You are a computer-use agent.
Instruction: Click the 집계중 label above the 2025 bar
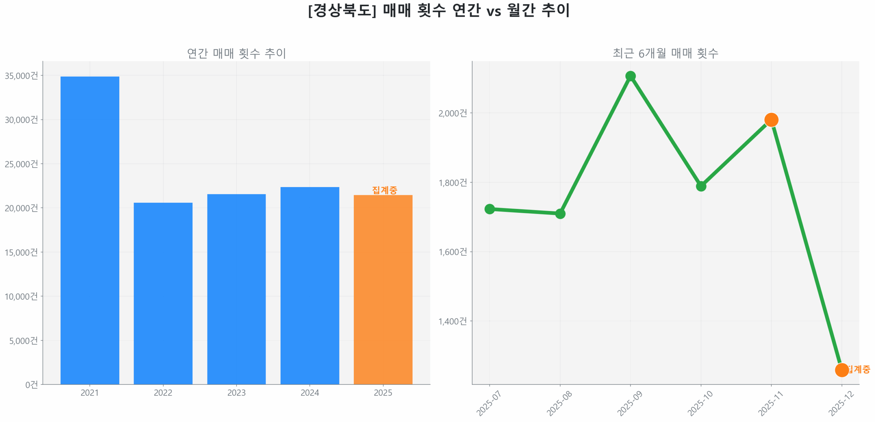(384, 190)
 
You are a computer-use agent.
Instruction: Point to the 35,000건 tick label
(21, 76)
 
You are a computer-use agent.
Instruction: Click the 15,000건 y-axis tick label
(21, 252)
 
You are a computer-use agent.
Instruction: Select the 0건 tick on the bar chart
(31, 385)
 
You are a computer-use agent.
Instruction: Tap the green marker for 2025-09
(630, 76)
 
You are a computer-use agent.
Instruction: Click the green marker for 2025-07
(489, 209)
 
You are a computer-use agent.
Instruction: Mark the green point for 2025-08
(560, 214)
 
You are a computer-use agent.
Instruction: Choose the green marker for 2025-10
(700, 186)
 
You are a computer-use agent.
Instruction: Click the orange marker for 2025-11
(771, 120)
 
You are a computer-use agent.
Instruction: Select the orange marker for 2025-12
(841, 370)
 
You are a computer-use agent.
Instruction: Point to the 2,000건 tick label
(452, 113)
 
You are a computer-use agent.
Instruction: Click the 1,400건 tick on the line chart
(452, 321)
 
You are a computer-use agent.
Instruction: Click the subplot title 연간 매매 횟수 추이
(236, 53)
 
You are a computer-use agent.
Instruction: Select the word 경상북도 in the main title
(342, 10)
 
